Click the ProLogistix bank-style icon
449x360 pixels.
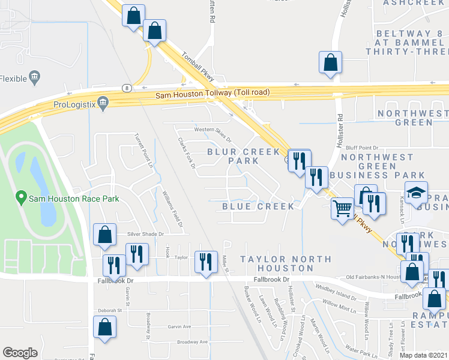coord(103,102)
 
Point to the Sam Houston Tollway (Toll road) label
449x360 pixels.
coord(212,94)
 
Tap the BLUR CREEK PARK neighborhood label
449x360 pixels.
coord(235,156)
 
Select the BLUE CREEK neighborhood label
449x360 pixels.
coord(258,206)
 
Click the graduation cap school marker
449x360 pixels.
coord(415,193)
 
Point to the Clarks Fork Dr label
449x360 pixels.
coord(187,153)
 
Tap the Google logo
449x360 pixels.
coord(20,353)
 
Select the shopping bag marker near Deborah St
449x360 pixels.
coord(104,328)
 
